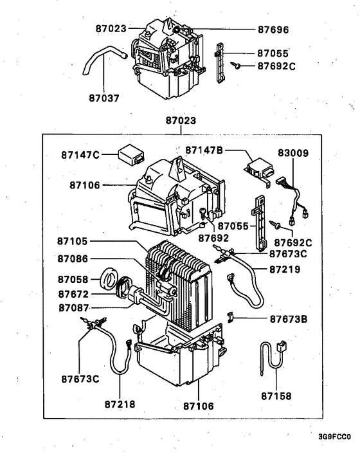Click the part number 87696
[273, 30]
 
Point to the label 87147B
[204, 150]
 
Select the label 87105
[73, 243]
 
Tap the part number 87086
[73, 259]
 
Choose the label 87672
[73, 293]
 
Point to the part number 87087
[73, 307]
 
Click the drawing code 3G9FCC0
[334, 437]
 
